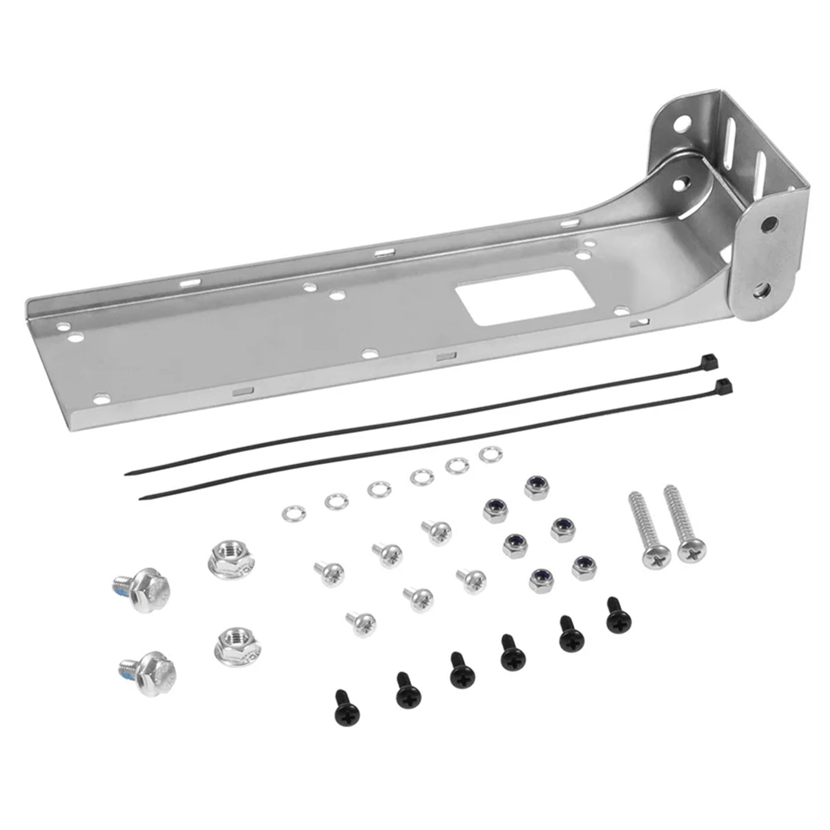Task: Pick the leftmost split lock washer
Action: (293, 514)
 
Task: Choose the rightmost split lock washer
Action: (490, 455)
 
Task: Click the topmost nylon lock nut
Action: (537, 488)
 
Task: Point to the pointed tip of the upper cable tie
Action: (127, 473)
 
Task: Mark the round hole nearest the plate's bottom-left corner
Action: (102, 398)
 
